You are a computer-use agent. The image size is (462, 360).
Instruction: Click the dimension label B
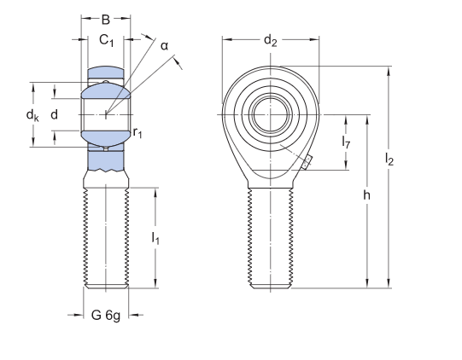[x=106, y=19]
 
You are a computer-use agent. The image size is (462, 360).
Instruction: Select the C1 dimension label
[x=106, y=40]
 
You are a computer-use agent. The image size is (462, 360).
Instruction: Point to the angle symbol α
[x=164, y=45]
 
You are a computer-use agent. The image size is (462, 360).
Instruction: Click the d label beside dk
[x=55, y=114]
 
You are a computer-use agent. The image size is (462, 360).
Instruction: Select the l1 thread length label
[x=155, y=240]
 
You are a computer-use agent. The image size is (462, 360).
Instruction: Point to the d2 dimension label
[x=270, y=40]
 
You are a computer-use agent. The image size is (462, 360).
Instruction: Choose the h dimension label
[x=366, y=195]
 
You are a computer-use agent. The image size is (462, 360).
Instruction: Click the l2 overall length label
[x=389, y=159]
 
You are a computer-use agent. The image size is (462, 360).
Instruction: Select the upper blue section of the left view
[x=106, y=74]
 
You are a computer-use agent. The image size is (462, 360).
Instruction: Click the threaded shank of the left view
[x=106, y=239]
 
